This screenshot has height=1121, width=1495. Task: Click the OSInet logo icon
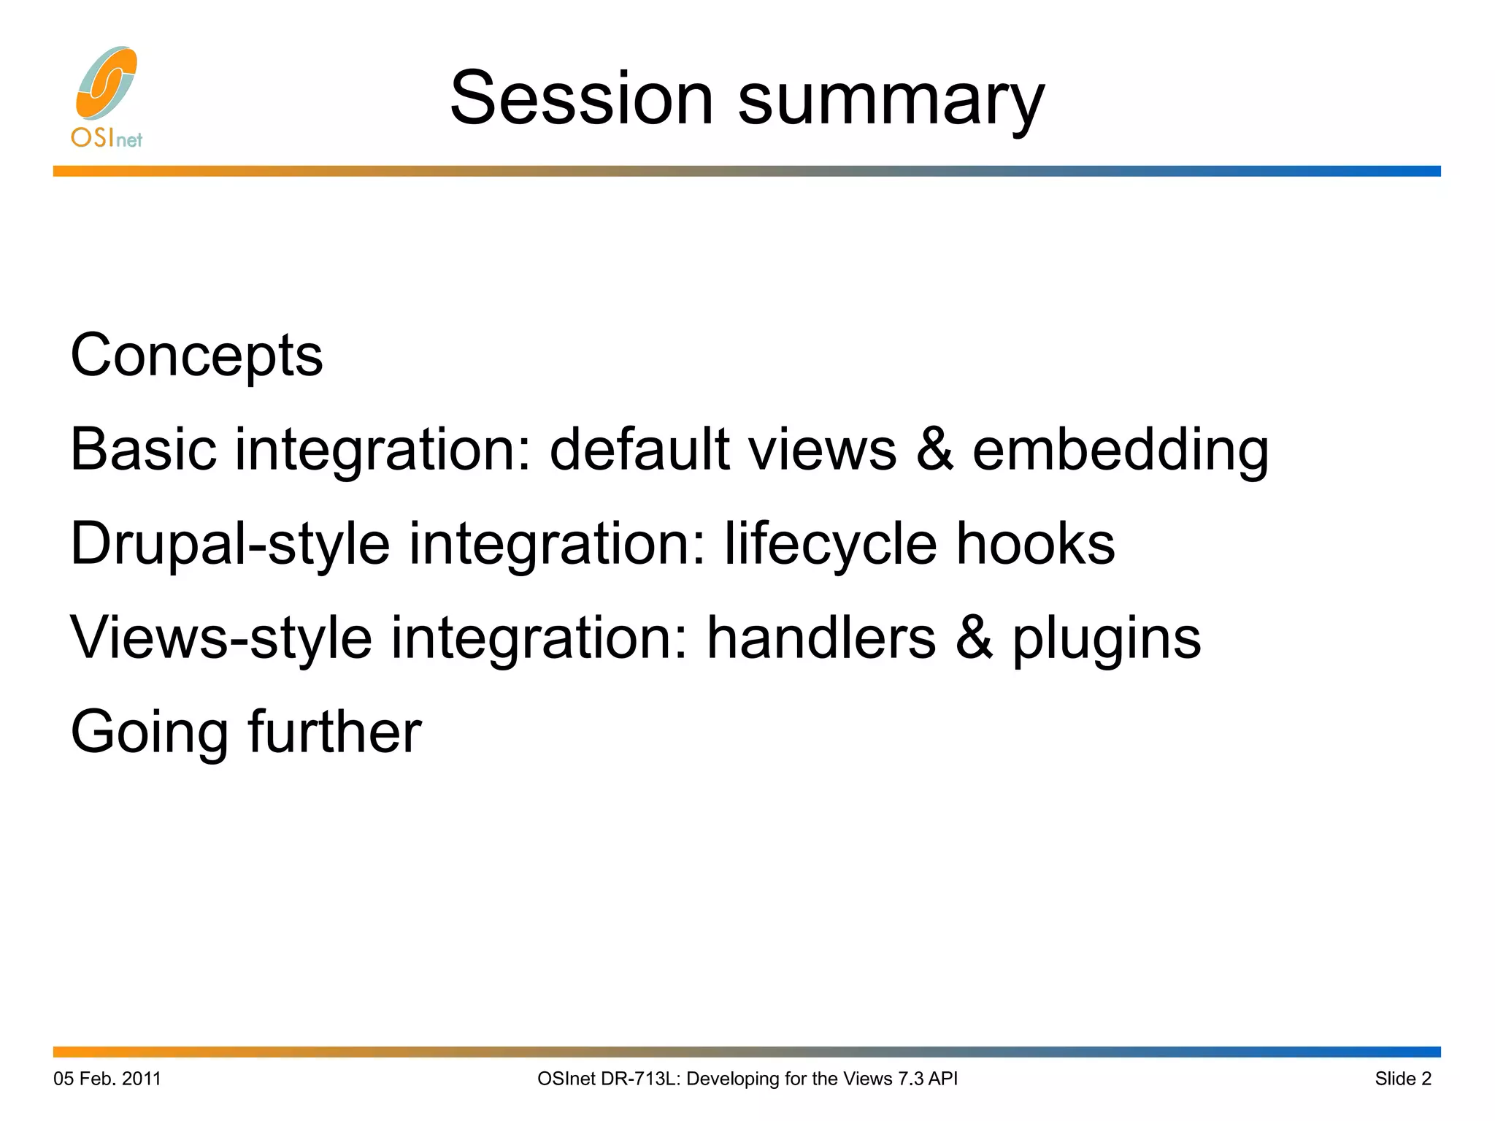(107, 83)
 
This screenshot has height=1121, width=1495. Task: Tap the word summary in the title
(891, 102)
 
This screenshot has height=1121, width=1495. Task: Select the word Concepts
(196, 356)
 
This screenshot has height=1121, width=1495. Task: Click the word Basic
(143, 449)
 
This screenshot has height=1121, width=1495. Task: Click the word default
(639, 449)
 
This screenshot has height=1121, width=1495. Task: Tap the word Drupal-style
(230, 545)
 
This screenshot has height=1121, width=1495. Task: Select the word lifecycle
(830, 545)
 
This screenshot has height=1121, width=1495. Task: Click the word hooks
(1035, 543)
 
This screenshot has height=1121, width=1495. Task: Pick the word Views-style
(220, 638)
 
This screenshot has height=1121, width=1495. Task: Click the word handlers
(821, 638)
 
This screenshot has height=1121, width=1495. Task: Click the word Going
(149, 733)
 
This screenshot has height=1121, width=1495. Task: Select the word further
(334, 732)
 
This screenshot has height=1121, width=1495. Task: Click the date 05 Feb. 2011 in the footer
(107, 1079)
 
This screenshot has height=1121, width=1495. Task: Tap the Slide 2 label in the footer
(1402, 1079)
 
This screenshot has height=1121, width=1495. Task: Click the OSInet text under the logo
(107, 138)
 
